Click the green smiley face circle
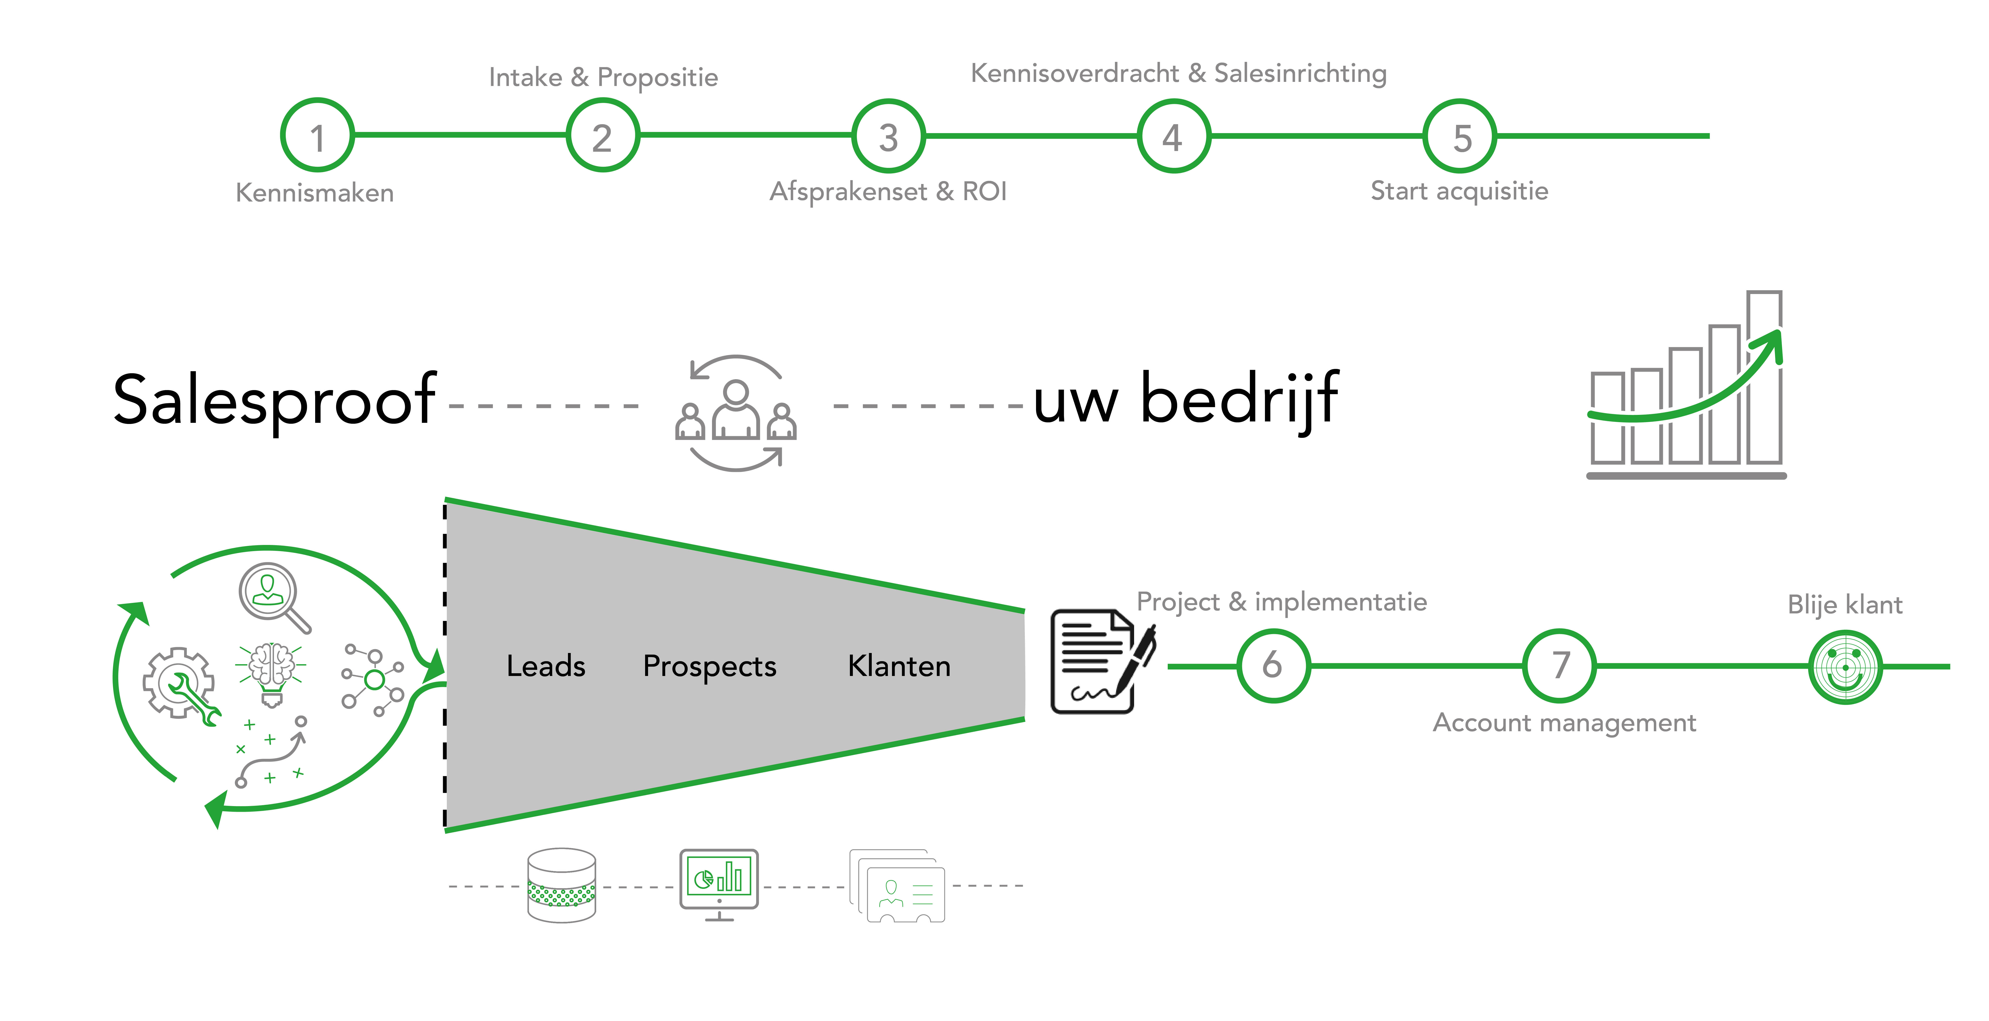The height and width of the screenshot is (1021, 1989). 1845,667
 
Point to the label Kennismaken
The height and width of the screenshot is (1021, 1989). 315,192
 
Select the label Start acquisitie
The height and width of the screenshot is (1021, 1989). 1459,191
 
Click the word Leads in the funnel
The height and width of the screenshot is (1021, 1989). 546,665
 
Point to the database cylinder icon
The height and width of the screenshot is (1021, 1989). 561,885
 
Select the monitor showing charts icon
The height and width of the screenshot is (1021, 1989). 719,884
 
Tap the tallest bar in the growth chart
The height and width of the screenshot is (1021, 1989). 1764,377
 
